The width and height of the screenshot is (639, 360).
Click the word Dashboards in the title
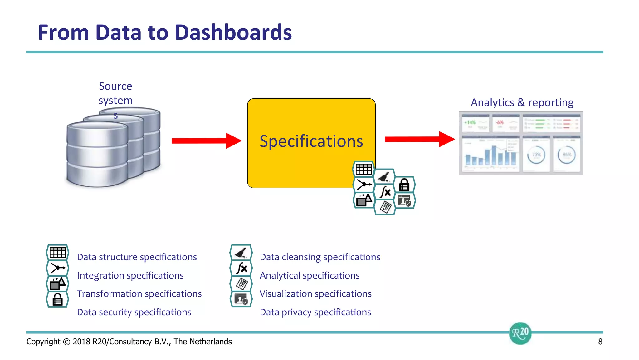coord(233,32)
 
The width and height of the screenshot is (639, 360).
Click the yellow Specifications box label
coord(311,141)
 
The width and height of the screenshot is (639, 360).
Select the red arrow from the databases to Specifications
coord(206,141)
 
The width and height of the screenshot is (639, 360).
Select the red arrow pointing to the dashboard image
coord(419,139)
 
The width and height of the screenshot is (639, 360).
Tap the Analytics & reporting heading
coord(522,102)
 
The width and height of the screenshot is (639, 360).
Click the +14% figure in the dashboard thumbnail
coord(470,122)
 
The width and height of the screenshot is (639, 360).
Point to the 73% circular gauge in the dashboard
coord(536,155)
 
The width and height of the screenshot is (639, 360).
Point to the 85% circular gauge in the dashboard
coord(567,155)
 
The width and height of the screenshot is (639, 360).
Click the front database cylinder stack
coord(97,155)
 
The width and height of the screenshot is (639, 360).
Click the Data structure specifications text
coord(137,257)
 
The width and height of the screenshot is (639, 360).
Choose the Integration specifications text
coord(130,275)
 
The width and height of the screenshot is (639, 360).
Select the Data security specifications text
coord(134,312)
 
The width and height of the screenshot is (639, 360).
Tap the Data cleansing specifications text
coord(320,257)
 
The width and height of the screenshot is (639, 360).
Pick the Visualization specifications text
coord(315,294)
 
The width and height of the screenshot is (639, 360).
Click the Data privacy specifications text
coord(315,312)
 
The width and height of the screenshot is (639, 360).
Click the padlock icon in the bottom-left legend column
coord(57,299)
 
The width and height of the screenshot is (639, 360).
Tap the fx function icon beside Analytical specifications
coord(241,268)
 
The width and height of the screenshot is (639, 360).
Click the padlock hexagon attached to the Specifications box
coord(404,185)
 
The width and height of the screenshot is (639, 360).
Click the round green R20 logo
coord(520,333)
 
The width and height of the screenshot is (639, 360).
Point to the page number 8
coord(600,342)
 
